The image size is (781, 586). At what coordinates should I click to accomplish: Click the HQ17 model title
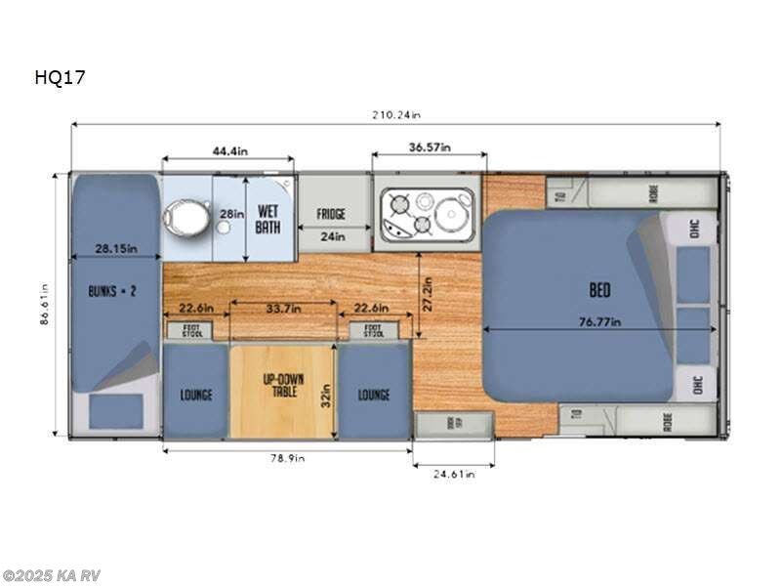click(x=59, y=78)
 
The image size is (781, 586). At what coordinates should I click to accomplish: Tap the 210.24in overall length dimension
click(x=395, y=114)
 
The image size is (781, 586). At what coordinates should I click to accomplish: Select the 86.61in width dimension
click(x=45, y=304)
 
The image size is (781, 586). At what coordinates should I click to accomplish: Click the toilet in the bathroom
click(x=186, y=217)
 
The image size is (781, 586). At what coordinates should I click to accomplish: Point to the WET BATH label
click(x=268, y=219)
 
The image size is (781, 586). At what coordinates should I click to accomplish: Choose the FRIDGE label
click(x=331, y=214)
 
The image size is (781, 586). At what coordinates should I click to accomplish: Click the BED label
click(x=599, y=290)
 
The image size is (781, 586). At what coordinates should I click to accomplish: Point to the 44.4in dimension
click(x=228, y=150)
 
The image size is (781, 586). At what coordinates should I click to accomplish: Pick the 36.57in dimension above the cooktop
click(x=430, y=147)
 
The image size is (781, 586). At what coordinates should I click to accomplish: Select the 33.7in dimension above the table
click(x=283, y=309)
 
